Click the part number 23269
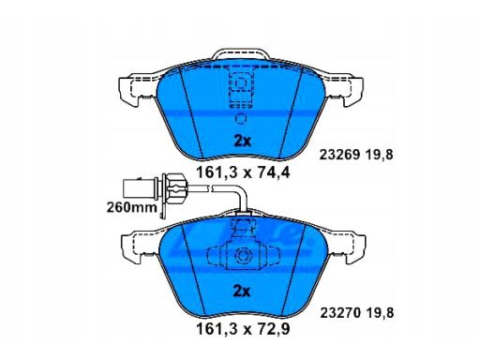click(339, 155)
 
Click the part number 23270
click(340, 313)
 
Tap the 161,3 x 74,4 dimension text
click(243, 172)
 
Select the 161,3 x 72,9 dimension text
click(243, 329)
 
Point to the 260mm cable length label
click(131, 207)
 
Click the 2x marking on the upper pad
click(243, 142)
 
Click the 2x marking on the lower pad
click(242, 292)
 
